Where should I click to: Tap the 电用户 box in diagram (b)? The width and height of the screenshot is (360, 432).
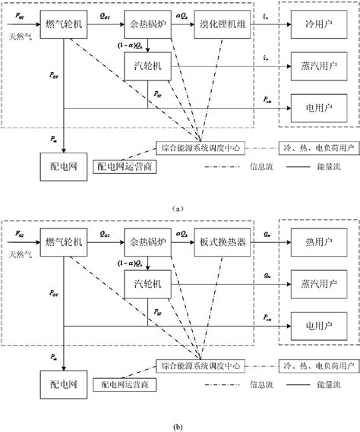[314, 326]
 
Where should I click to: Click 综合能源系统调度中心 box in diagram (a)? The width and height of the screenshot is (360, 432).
[201, 147]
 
